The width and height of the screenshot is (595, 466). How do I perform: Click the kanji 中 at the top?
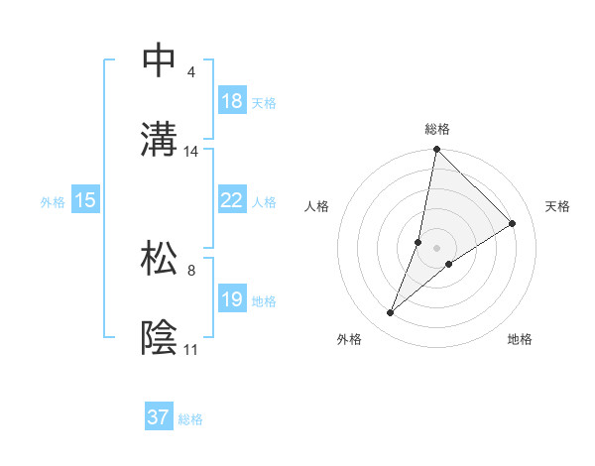[x=160, y=61]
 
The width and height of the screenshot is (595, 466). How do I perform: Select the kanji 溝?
[x=160, y=138]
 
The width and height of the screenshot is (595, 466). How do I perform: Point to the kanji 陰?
[x=160, y=336]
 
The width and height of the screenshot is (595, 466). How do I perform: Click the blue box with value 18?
[x=232, y=101]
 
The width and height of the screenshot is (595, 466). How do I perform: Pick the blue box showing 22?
[x=232, y=200]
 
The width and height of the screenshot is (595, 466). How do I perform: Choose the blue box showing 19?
[x=232, y=299]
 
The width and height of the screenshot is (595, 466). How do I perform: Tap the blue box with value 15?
[x=85, y=200]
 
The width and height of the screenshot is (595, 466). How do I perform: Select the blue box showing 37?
[x=159, y=417]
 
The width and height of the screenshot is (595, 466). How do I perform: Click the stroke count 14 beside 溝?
[x=191, y=152]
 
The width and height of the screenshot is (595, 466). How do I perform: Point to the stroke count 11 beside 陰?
[x=190, y=350]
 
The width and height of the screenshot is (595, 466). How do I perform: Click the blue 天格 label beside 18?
[x=264, y=102]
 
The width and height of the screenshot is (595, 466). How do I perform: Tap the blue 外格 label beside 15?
[x=53, y=201]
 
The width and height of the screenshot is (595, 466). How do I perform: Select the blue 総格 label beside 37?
[x=190, y=418]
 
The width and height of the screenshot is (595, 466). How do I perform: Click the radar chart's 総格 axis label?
[x=437, y=129]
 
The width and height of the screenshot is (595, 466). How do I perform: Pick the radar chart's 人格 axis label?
[x=317, y=206]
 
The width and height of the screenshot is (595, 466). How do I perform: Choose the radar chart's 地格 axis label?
[x=520, y=340]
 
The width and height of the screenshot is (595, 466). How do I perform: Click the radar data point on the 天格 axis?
[x=513, y=223]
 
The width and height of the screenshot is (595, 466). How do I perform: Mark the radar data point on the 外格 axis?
[x=391, y=313]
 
